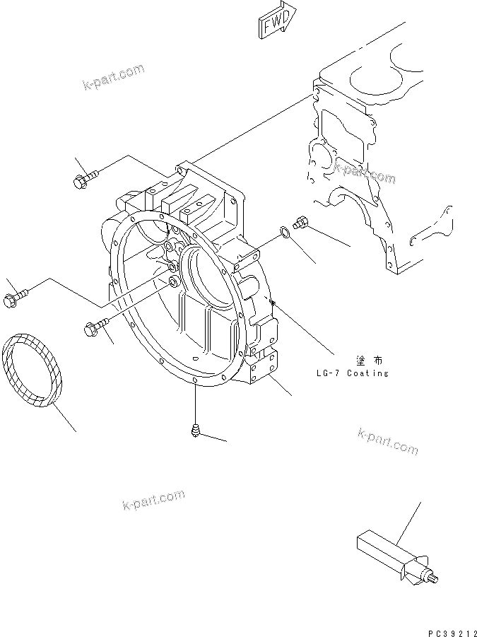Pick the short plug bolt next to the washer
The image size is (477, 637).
tap(301, 223)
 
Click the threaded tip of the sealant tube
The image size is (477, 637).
tap(432, 580)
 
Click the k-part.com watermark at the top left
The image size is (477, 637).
tap(113, 77)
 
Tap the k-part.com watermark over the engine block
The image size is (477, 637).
tap(365, 173)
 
